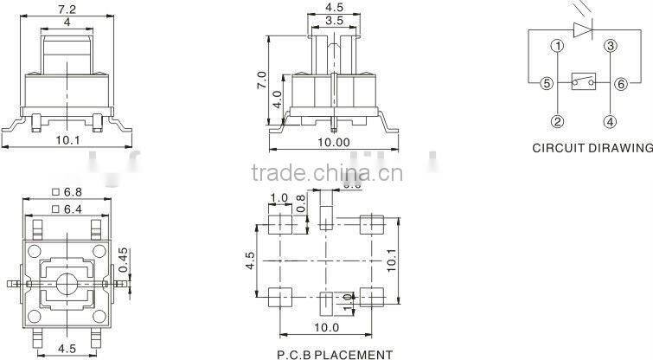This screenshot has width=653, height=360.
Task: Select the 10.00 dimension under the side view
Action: (x=334, y=142)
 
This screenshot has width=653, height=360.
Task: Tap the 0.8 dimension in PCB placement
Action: (x=300, y=203)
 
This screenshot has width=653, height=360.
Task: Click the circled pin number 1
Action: (x=558, y=47)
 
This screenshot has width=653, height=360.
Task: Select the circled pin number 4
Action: (x=610, y=121)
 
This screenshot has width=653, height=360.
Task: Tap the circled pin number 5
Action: (x=546, y=84)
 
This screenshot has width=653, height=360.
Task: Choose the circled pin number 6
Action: (x=622, y=84)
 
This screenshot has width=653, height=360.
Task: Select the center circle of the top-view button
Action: (x=69, y=283)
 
